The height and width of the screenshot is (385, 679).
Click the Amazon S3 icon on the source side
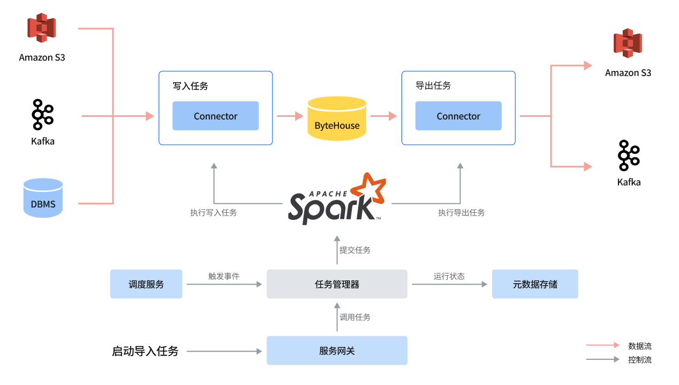pos(42,28)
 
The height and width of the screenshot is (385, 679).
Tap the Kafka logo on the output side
pos(629,156)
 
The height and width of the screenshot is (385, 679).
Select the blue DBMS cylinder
pos(43,198)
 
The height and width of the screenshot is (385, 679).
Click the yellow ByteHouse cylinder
pos(337,119)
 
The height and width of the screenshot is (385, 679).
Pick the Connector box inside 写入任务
pos(215,116)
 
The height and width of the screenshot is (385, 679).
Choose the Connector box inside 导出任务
pos(458,116)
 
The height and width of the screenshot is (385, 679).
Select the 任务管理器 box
pos(337,284)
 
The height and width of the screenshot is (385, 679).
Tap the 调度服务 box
pos(146,284)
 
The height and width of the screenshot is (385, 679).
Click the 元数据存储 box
pos(535,284)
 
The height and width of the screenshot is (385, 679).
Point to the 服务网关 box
pos(337,351)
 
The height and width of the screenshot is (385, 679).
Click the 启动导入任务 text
pos(145,352)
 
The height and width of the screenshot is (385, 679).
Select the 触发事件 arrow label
pos(224,277)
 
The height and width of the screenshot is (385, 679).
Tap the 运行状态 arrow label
pos(449,277)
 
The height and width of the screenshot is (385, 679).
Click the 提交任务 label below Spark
pos(354,250)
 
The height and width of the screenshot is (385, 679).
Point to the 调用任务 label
pos(354,317)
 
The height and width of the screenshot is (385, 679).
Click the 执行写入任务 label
pos(213,212)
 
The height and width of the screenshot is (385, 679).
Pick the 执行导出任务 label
pos(461,212)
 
